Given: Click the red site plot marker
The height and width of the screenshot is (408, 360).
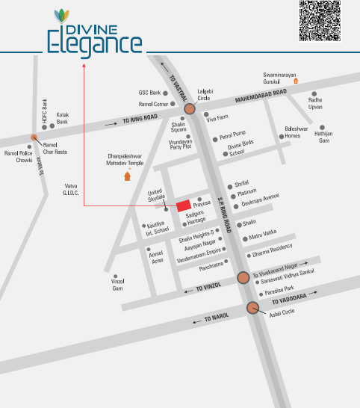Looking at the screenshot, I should click(x=182, y=205).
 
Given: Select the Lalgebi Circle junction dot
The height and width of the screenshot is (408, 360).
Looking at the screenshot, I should click(x=190, y=109).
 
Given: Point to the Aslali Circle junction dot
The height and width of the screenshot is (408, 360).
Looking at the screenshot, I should click(x=252, y=308).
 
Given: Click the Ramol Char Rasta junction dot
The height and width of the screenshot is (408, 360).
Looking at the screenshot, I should click(x=34, y=137).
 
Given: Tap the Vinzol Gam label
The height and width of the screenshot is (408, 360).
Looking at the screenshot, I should click(x=117, y=285).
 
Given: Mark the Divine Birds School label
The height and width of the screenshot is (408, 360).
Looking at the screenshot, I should click(x=241, y=149).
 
